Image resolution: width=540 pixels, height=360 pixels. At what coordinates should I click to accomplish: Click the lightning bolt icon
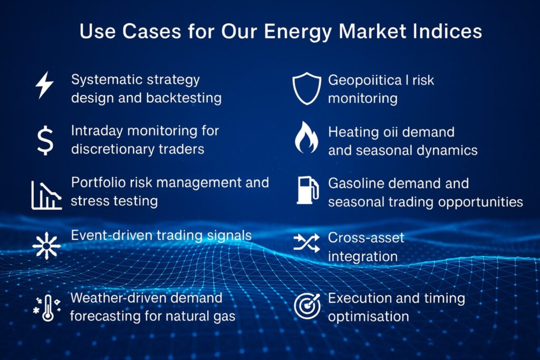pos(44,85)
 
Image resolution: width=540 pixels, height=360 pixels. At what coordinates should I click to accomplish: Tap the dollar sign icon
pos(45,140)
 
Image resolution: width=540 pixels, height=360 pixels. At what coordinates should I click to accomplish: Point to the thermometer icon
pos(46,307)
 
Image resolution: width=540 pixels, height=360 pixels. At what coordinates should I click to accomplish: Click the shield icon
pos(306,89)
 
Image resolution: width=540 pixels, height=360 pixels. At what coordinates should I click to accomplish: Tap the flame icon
pos(306,138)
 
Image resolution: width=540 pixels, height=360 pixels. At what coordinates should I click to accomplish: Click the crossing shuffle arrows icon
pos(306,242)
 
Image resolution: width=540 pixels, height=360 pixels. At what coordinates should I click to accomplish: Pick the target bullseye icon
pos(307,306)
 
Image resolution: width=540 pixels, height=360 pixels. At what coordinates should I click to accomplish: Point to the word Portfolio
pos(95,183)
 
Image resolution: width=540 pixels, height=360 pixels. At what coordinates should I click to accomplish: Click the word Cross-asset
pos(366,238)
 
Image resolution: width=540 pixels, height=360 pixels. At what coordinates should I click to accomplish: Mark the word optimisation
pos(369,316)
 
